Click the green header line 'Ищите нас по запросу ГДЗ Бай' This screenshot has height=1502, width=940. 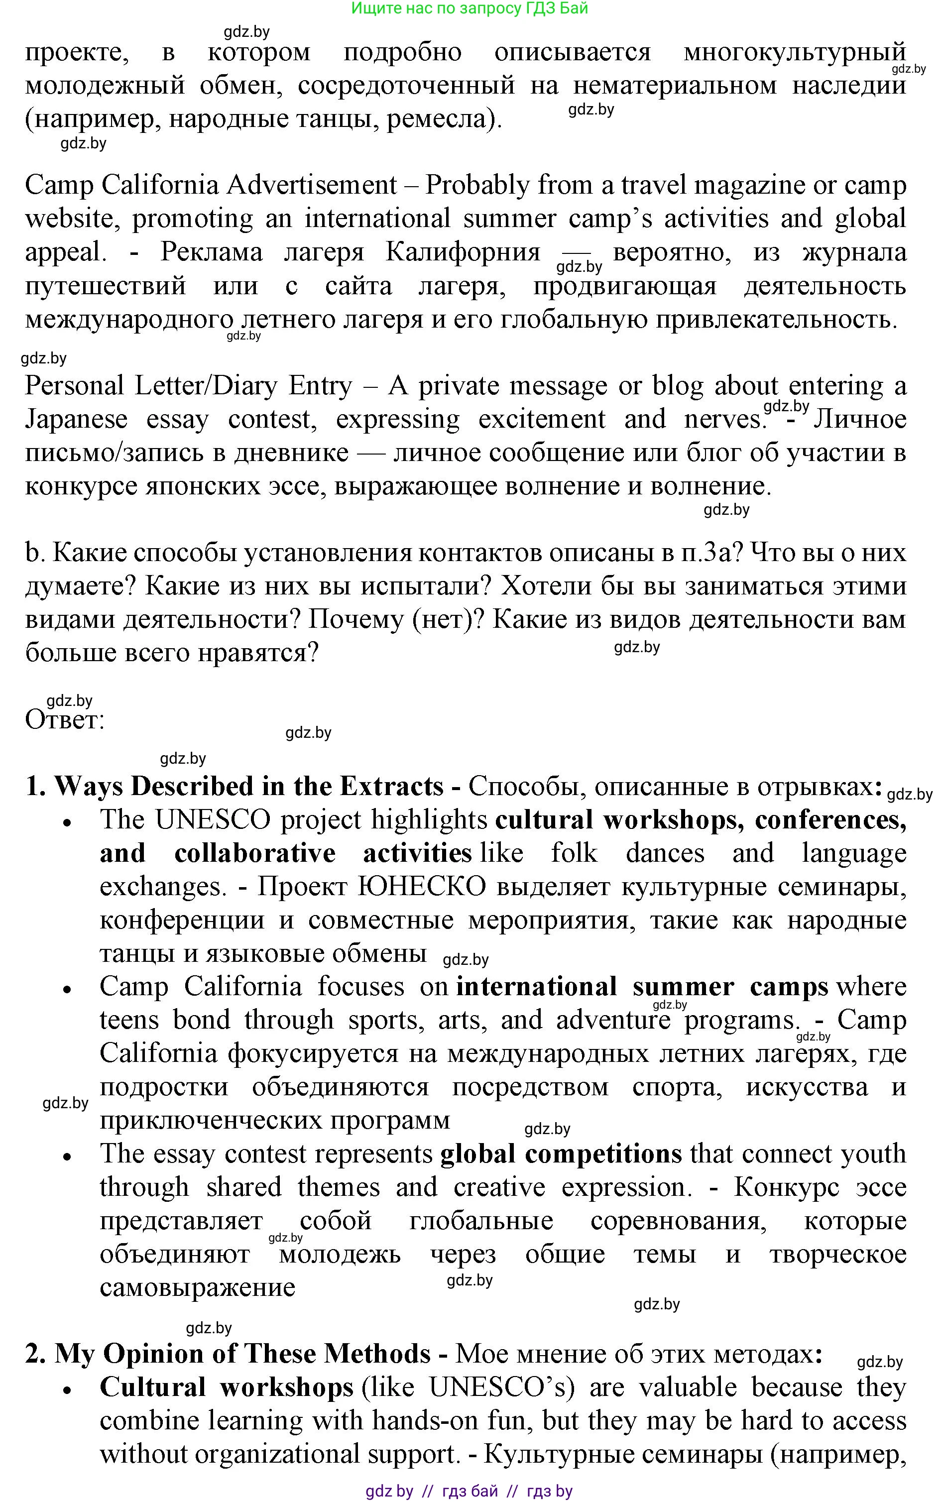point(470,8)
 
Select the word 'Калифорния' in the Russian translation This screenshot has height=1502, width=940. point(463,252)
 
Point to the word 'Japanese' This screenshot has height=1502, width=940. point(76,420)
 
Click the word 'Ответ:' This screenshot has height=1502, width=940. point(65,720)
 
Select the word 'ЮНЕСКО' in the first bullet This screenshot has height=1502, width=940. point(422,887)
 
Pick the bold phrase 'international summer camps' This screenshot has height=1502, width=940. point(642,987)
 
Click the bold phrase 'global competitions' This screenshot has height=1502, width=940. point(561,1155)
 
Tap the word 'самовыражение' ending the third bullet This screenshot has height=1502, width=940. point(197,1287)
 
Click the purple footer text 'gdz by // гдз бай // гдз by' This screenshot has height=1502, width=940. point(470,1491)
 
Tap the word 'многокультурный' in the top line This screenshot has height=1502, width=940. point(795,52)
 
